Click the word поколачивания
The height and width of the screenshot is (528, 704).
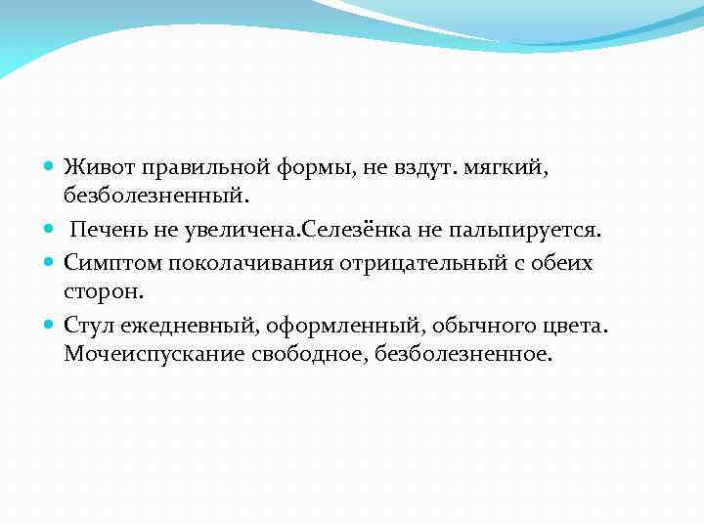pos(242,263)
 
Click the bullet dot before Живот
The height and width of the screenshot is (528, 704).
pos(50,169)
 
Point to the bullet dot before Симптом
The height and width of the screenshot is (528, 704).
pos(50,263)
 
